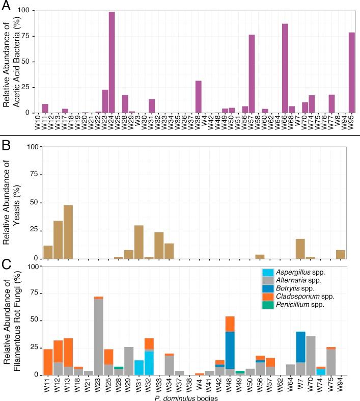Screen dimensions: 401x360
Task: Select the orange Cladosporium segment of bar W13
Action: tap(68, 353)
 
